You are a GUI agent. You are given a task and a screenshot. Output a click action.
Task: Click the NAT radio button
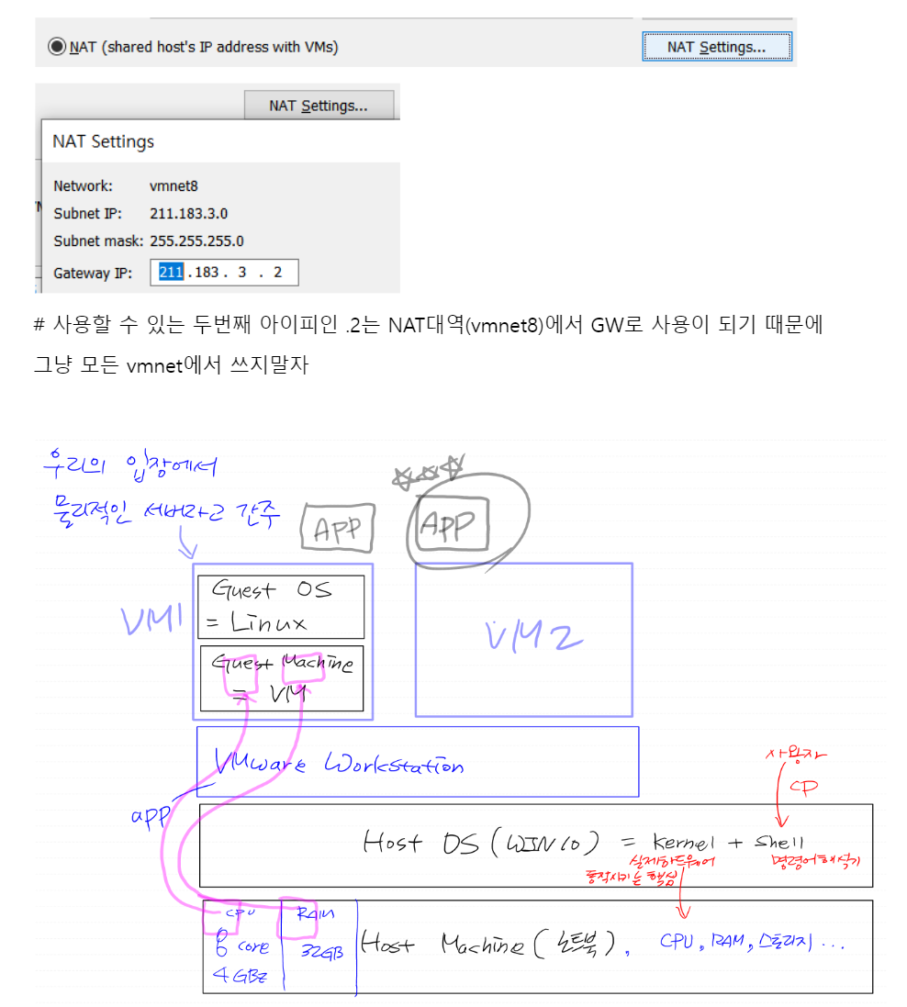click(x=58, y=46)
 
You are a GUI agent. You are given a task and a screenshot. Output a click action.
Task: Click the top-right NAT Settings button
click(x=716, y=47)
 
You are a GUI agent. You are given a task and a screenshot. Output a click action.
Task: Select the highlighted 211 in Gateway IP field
click(x=172, y=273)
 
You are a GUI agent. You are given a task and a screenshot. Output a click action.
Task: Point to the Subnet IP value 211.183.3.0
click(x=188, y=213)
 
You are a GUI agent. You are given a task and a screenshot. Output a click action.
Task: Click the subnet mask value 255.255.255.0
click(x=197, y=241)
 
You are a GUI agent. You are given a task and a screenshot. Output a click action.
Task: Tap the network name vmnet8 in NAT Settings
click(x=174, y=185)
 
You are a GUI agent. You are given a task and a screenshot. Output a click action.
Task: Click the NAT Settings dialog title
click(x=103, y=141)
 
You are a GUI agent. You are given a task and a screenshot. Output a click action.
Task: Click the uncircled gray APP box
click(x=338, y=528)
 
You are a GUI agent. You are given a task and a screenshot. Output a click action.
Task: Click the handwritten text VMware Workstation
click(x=339, y=764)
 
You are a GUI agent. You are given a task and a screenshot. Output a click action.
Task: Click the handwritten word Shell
click(x=779, y=842)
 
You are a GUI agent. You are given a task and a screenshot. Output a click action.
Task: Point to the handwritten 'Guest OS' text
click(x=272, y=590)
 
